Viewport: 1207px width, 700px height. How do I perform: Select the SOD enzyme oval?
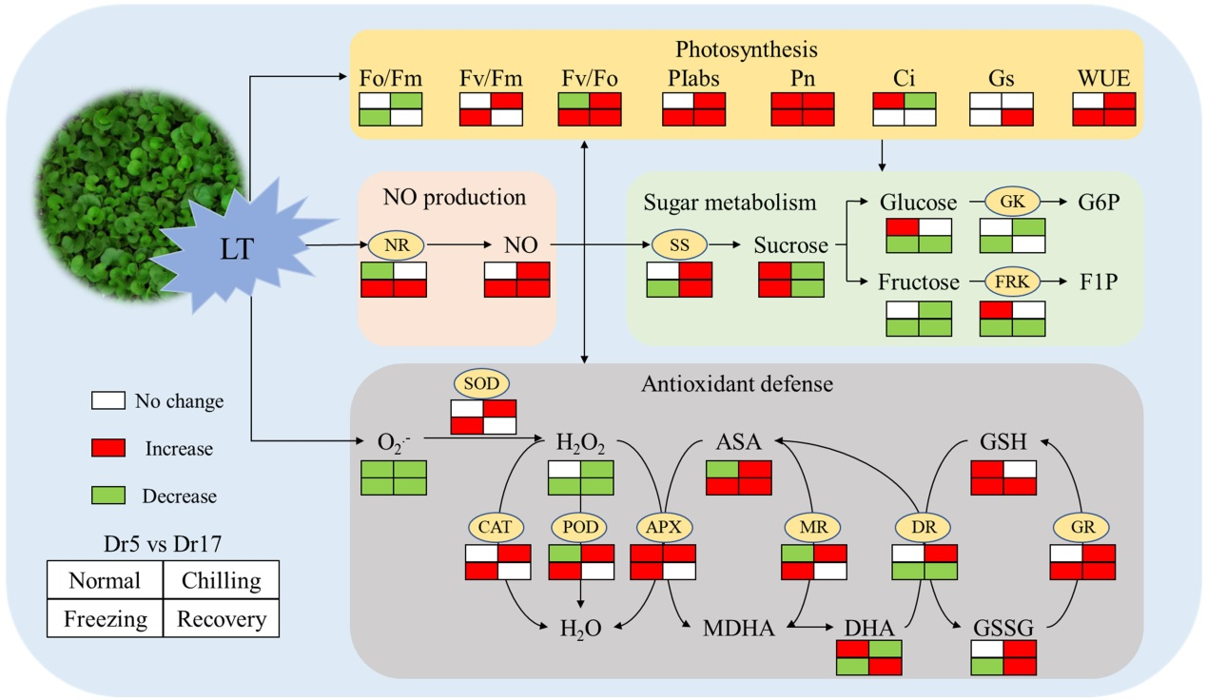(x=482, y=383)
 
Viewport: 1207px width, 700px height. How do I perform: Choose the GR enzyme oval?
(x=1082, y=526)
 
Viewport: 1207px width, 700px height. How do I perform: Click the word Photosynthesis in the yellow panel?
(x=747, y=49)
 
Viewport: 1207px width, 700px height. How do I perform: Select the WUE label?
(x=1105, y=78)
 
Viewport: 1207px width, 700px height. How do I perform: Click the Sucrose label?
(x=790, y=245)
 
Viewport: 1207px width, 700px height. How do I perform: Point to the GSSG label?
(x=1003, y=628)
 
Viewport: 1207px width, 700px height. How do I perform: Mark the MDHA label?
(x=738, y=628)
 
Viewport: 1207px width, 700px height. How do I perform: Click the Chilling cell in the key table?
(x=221, y=580)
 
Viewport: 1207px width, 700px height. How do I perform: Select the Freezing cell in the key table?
(x=105, y=619)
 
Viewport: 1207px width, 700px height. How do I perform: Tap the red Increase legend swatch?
(x=108, y=448)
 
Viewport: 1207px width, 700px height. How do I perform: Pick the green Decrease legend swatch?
(x=108, y=496)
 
